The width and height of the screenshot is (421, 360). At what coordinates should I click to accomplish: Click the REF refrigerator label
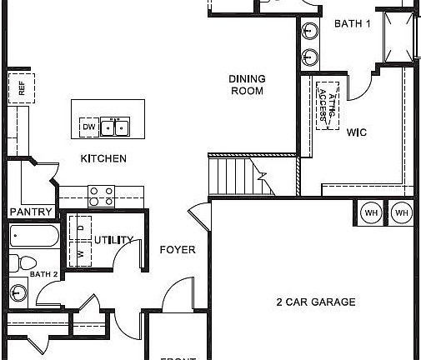[x=21, y=88]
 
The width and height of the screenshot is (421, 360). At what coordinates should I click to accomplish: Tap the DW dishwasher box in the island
[x=88, y=127]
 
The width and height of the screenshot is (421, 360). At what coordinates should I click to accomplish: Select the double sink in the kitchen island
[x=115, y=127]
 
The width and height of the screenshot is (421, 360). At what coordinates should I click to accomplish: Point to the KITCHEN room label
[x=103, y=158]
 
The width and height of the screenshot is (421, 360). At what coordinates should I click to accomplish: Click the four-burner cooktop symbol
[x=102, y=196]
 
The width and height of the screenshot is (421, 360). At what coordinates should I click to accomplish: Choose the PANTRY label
[x=32, y=212]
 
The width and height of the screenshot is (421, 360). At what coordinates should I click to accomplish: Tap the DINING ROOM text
[x=248, y=85]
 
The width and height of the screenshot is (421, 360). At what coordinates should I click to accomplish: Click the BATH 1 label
[x=352, y=24]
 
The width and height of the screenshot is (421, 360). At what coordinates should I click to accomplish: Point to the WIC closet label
[x=357, y=132]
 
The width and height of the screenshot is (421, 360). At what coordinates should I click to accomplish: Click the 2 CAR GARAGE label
[x=316, y=302]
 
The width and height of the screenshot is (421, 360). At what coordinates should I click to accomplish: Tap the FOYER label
[x=177, y=249]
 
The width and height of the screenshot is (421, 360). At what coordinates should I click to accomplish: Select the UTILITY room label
[x=113, y=241]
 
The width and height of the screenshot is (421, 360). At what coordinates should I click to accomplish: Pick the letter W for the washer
[x=80, y=254]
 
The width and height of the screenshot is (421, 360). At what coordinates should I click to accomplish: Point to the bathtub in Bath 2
[x=33, y=236]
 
